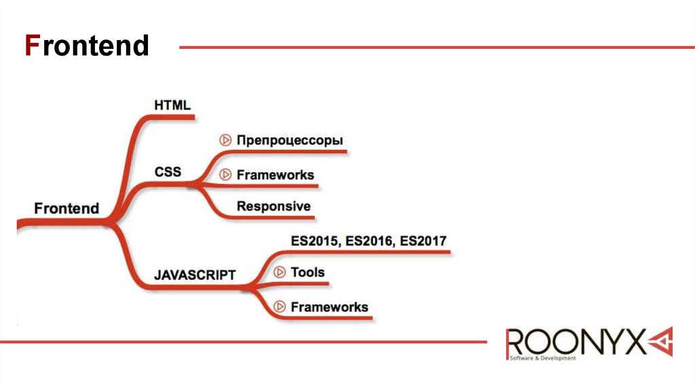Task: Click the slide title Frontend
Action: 87,46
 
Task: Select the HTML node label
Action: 172,105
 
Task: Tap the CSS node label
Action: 168,171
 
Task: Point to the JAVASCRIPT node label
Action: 195,275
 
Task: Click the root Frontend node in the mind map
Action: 67,209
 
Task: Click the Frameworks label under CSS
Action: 275,175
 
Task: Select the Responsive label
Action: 274,206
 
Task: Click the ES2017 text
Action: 424,241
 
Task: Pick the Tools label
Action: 307,272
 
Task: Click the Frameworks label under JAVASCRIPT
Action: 329,307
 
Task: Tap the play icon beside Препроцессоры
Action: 225,141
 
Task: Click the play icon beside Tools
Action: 279,272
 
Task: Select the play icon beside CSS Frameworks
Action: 225,175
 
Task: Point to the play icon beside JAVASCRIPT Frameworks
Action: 279,307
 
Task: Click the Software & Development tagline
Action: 543,358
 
